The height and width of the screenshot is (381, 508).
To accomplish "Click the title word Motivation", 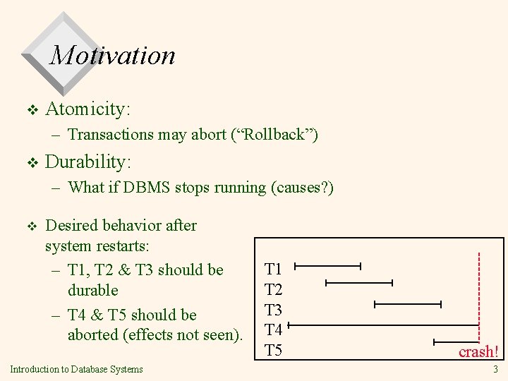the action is pyautogui.click(x=112, y=54).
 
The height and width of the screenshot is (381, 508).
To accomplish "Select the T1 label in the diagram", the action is pyautogui.click(x=273, y=269).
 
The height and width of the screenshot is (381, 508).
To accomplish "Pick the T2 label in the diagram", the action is pyautogui.click(x=273, y=289).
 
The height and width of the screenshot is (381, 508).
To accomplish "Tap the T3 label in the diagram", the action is pyautogui.click(x=273, y=309).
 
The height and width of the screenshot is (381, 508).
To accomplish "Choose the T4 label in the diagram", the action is pyautogui.click(x=273, y=329).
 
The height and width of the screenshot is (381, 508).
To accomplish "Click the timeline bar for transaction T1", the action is pyautogui.click(x=327, y=267).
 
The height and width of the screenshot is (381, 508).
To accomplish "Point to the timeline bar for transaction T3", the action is pyautogui.click(x=407, y=304).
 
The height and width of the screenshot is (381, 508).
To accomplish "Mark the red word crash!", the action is pyautogui.click(x=478, y=351).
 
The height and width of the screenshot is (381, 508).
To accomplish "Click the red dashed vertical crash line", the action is pyautogui.click(x=479, y=296).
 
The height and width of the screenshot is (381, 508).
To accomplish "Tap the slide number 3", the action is pyautogui.click(x=495, y=369).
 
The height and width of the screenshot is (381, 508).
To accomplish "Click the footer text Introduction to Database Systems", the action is pyautogui.click(x=76, y=369).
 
